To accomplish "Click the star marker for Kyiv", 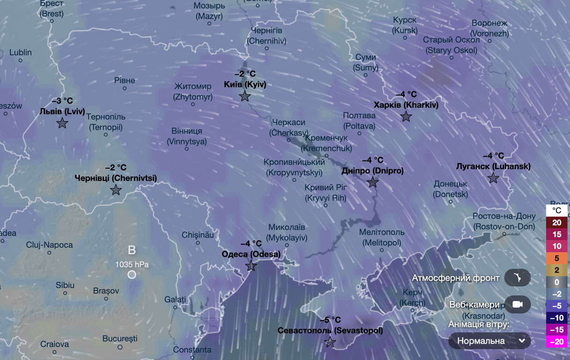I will [x=245, y=97].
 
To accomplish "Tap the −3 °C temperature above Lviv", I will [x=62, y=101].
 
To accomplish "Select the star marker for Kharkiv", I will [x=406, y=117].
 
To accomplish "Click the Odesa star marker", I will [x=251, y=266].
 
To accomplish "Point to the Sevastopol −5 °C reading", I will [x=330, y=320].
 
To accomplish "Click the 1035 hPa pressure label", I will [x=132, y=264].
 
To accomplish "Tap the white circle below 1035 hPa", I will [x=132, y=274].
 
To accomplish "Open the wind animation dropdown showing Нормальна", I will [x=489, y=341].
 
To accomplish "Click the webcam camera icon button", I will [x=517, y=304].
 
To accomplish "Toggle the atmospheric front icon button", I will [x=517, y=278].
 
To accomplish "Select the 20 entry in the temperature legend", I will [x=556, y=223].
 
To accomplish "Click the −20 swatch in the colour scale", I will [x=556, y=342].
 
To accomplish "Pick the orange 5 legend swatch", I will [x=556, y=258].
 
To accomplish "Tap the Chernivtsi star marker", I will [x=116, y=190].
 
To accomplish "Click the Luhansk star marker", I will [x=493, y=178].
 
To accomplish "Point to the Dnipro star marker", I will [x=373, y=182].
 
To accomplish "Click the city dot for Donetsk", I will [x=450, y=202].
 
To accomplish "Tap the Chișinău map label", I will [x=197, y=234].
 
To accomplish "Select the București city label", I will [x=120, y=338].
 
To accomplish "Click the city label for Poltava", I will [x=359, y=120].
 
